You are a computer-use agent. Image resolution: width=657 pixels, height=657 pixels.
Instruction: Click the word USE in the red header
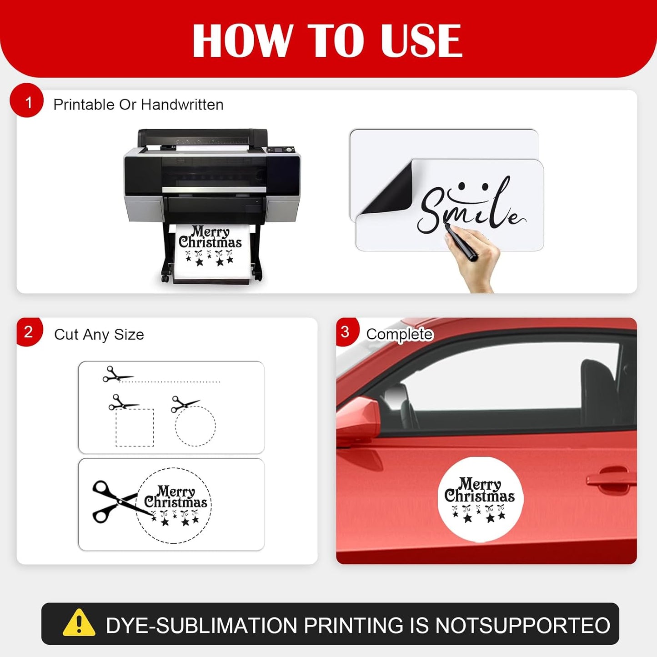point(421,40)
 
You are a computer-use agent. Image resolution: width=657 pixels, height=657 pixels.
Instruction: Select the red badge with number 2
point(29,332)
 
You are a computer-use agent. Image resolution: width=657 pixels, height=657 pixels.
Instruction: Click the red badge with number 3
point(347,332)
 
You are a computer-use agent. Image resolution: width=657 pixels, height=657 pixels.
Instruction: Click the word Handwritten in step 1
point(182,105)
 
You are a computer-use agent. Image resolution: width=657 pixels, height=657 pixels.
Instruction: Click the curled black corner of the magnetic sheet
point(386,190)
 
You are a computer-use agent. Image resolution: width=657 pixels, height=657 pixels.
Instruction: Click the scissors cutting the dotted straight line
point(116,374)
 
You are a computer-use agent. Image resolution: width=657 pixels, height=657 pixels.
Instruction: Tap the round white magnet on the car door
point(480,499)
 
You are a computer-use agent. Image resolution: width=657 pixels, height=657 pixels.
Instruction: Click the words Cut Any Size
point(99,335)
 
